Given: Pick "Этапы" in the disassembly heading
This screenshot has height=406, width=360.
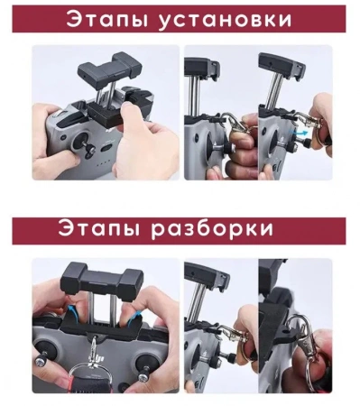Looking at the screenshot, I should coord(96,229).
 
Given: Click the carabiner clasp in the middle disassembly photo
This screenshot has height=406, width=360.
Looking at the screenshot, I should coord(237,343).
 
